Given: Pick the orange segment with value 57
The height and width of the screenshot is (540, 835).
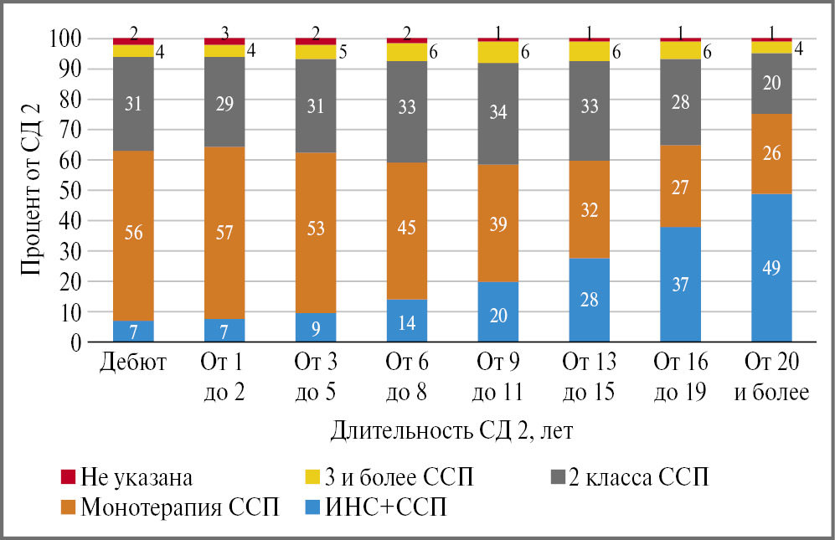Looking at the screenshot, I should pyautogui.click(x=224, y=233).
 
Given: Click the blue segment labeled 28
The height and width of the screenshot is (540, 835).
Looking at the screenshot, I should pyautogui.click(x=589, y=300).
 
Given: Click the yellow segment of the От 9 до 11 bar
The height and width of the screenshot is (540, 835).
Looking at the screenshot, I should pyautogui.click(x=498, y=52).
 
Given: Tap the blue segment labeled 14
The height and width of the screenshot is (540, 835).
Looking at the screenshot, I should pyautogui.click(x=407, y=321).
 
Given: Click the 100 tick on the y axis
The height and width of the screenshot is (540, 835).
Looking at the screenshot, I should pyautogui.click(x=66, y=39).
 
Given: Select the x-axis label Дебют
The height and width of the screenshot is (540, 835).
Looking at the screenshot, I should pyautogui.click(x=134, y=364).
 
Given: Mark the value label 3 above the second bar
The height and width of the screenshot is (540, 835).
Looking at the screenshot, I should pyautogui.click(x=225, y=33).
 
